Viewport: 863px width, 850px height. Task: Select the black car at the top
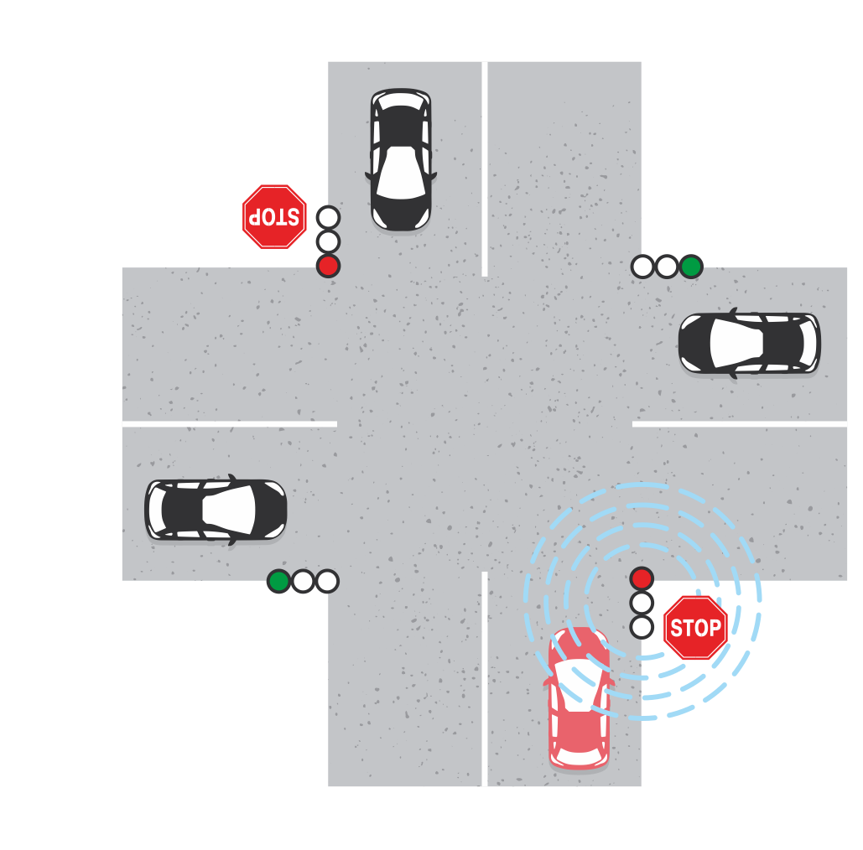click(x=401, y=159)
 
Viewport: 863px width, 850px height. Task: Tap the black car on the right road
click(x=749, y=344)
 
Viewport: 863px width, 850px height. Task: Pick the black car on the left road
click(x=216, y=510)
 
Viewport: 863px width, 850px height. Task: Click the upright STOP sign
click(x=696, y=627)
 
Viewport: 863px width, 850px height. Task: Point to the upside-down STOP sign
click(x=274, y=217)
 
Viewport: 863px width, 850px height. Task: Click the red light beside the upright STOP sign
click(x=642, y=578)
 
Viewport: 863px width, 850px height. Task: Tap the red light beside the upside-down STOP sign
click(x=329, y=267)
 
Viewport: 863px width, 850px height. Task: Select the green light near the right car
click(x=691, y=267)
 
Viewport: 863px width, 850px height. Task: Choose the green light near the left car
click(x=279, y=581)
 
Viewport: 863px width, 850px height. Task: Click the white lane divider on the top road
click(x=485, y=168)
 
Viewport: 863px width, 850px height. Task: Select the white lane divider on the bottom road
click(x=485, y=679)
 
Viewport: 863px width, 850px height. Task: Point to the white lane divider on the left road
click(x=230, y=423)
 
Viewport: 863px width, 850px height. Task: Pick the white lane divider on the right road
click(x=740, y=423)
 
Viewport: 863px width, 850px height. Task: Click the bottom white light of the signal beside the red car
click(x=642, y=627)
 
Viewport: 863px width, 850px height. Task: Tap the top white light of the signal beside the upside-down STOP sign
click(x=329, y=217)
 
